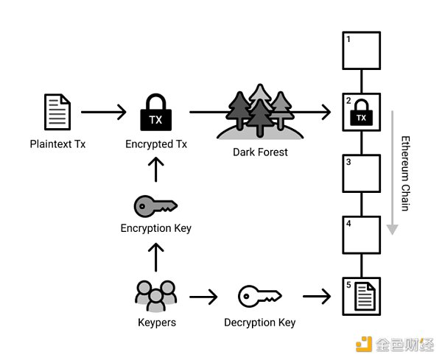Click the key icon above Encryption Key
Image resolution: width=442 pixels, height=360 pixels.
click(155, 205)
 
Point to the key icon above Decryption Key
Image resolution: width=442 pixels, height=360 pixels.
click(260, 297)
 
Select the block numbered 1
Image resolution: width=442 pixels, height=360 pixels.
click(361, 50)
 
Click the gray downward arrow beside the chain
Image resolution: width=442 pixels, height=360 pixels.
click(393, 174)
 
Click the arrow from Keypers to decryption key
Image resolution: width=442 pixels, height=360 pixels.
click(204, 297)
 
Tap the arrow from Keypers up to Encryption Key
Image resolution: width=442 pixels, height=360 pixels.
click(155, 257)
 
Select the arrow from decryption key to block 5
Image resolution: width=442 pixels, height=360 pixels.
click(317, 297)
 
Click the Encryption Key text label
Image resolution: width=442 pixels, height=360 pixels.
click(155, 228)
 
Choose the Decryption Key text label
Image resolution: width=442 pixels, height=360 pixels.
click(260, 322)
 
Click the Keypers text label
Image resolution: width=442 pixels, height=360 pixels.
click(155, 322)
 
